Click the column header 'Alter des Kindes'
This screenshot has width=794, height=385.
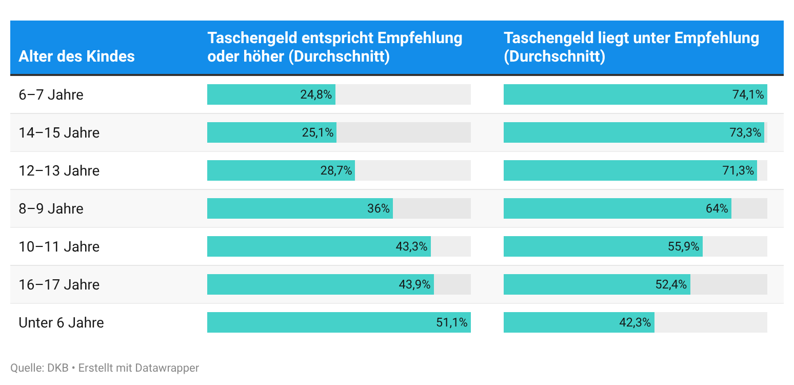(76, 56)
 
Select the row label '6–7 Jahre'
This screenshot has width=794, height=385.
(51, 95)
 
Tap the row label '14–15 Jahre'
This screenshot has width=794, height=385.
(59, 133)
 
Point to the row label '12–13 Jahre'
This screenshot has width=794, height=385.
(59, 171)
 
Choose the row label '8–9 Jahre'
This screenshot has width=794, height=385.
(51, 209)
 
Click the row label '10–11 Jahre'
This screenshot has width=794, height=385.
(59, 247)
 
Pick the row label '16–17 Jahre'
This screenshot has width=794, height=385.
(59, 285)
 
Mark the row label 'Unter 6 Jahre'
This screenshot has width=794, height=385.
(61, 323)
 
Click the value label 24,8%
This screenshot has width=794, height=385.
(316, 95)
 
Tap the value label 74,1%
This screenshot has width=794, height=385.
(748, 95)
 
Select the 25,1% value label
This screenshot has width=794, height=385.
(317, 133)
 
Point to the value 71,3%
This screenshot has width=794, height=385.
(738, 171)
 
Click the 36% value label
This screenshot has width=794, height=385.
(379, 209)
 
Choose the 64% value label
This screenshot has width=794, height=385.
(717, 209)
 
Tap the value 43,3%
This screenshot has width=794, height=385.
(411, 247)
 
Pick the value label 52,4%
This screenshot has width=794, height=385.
(671, 285)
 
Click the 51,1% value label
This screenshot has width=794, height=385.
(452, 323)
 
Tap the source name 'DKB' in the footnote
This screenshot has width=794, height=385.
(57, 368)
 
